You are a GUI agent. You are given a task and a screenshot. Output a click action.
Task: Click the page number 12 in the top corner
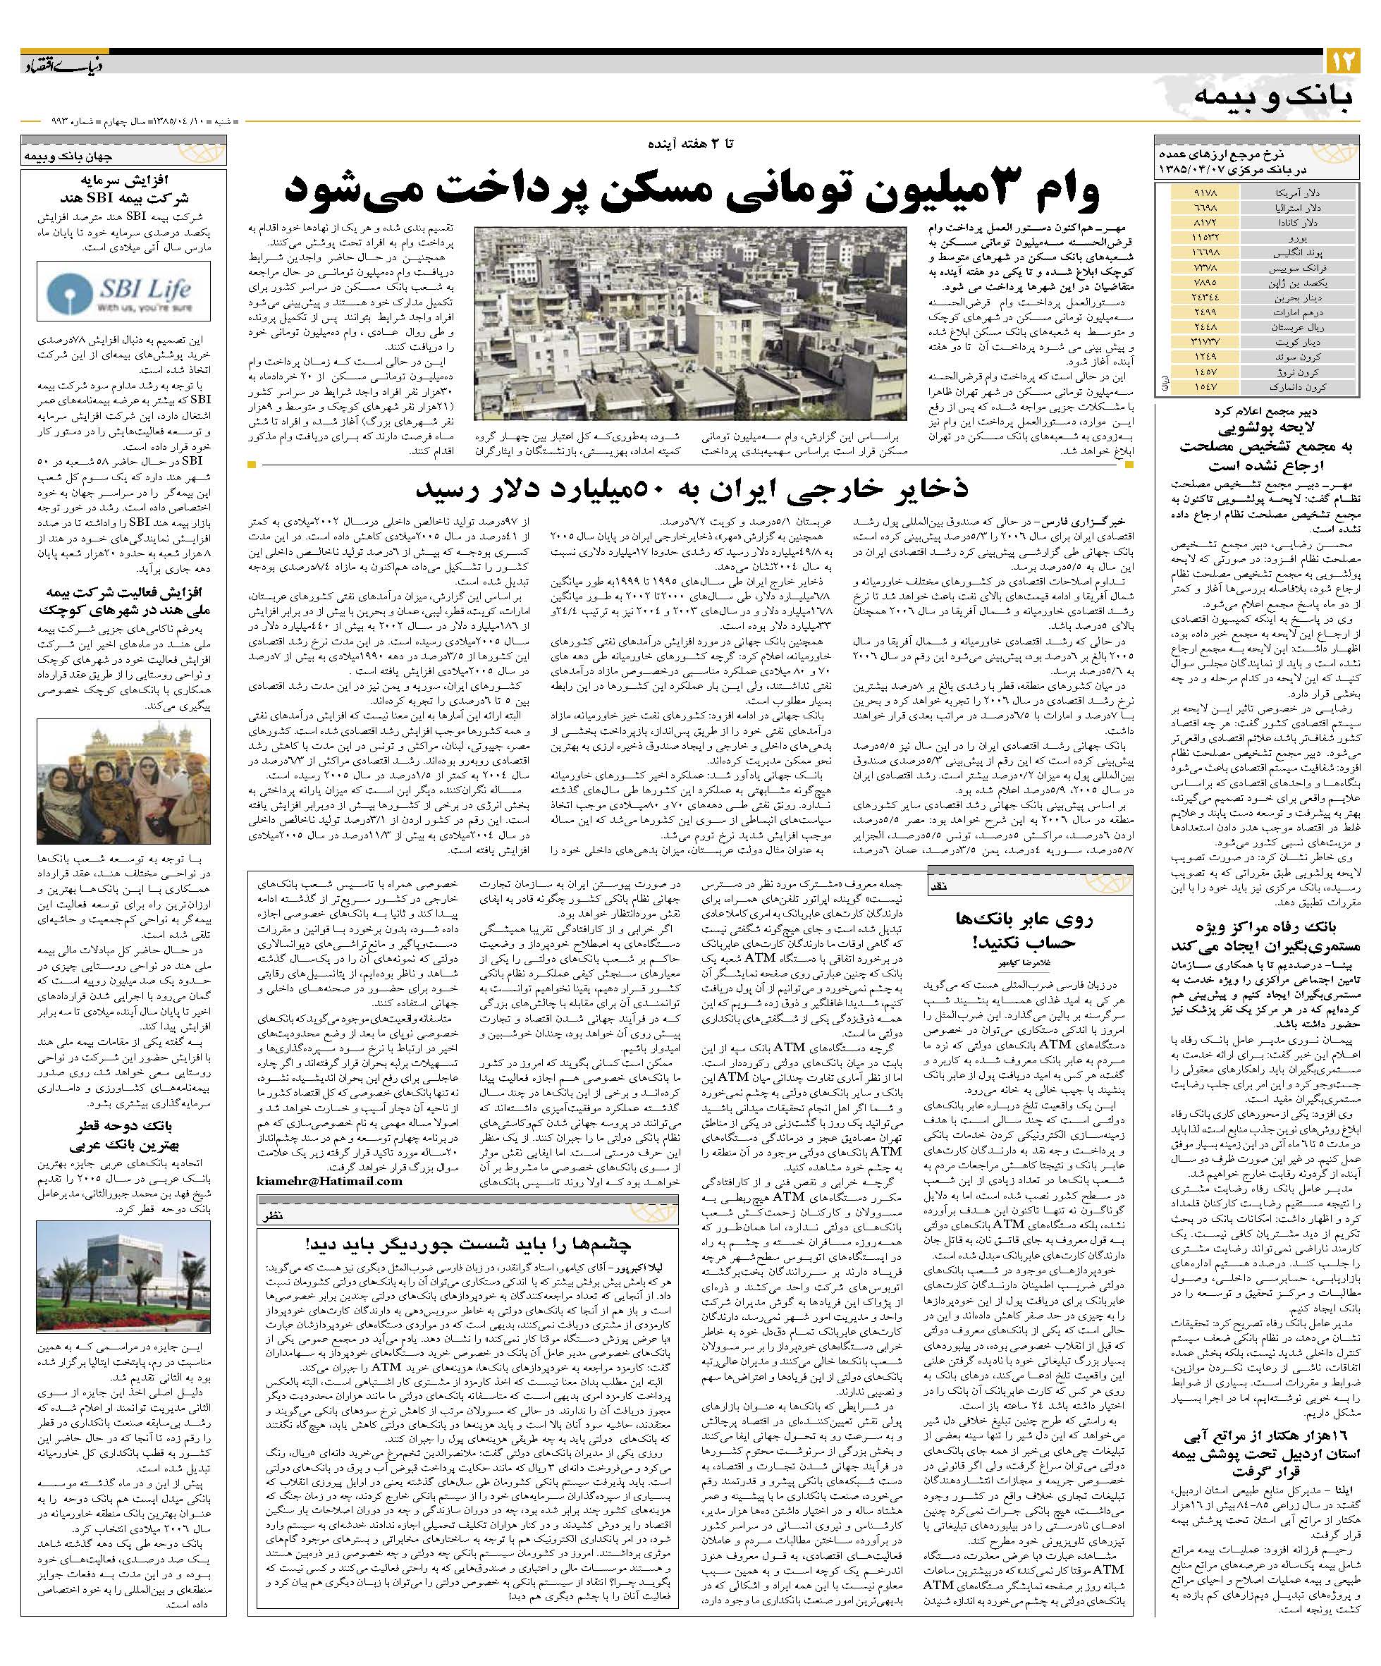coord(1343,61)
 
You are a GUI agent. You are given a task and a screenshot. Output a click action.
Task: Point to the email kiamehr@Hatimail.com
coord(330,1181)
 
